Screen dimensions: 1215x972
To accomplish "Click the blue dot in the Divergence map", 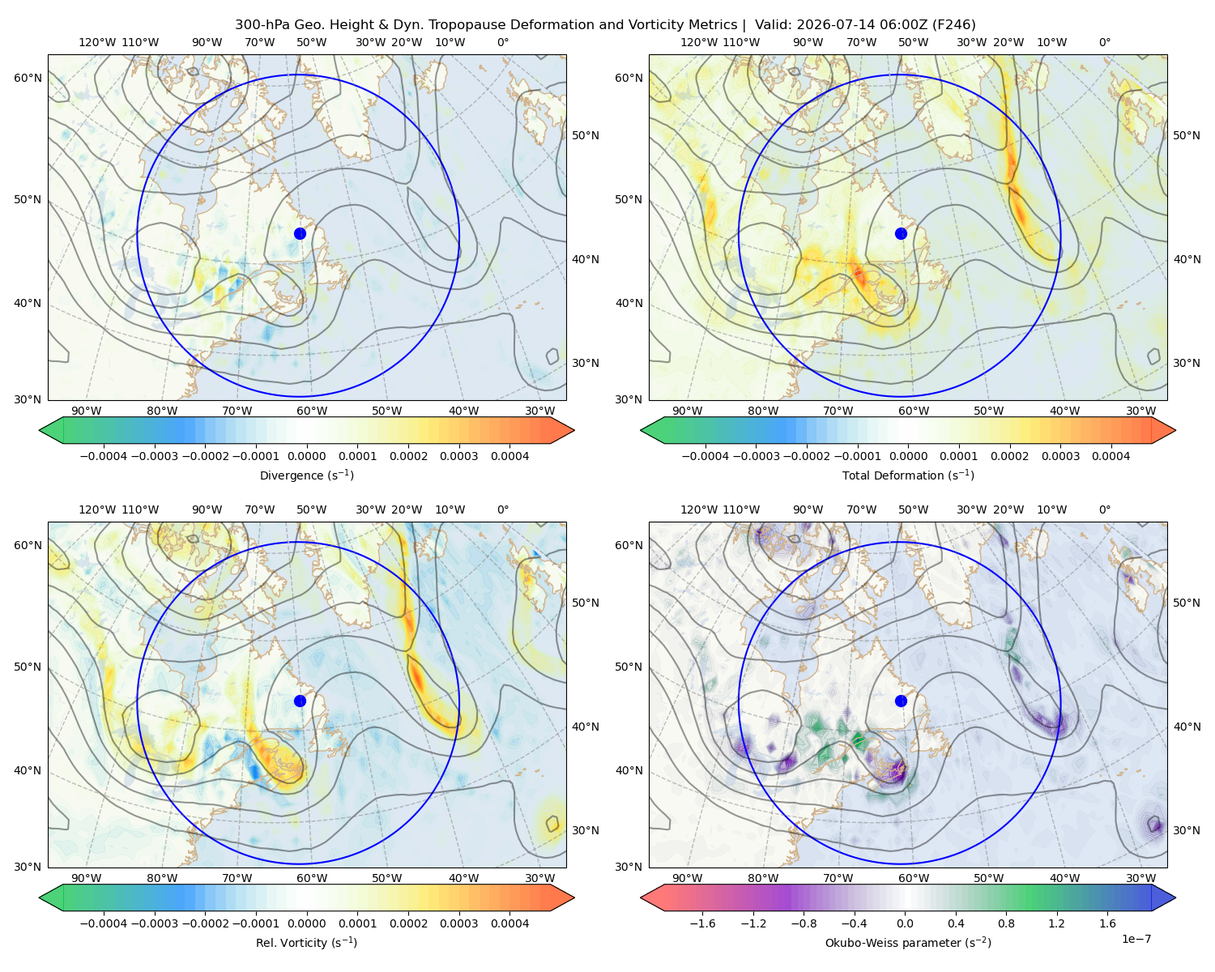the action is pos(300,233).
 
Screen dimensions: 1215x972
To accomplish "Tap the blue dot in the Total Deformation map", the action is pos(901,233).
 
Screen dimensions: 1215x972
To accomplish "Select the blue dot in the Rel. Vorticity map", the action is pos(300,701).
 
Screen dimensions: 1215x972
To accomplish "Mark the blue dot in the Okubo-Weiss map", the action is pos(901,701).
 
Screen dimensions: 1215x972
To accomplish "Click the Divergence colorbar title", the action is pos(306,475).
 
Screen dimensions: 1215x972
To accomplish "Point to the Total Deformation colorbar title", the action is pos(908,475).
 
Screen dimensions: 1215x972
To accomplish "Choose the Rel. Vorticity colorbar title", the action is pos(306,942).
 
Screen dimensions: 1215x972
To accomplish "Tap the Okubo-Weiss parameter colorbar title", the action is pos(908,942).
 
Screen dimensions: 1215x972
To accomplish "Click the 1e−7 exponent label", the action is pos(1136,939).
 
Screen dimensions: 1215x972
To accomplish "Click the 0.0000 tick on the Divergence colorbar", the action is pos(306,456).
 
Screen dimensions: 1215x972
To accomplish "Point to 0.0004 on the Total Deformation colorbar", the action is pos(1111,456).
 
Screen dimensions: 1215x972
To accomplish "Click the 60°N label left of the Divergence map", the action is pos(28,78).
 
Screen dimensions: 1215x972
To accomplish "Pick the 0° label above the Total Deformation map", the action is pos(1104,42).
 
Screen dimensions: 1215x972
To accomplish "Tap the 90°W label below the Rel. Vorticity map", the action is pos(87,878).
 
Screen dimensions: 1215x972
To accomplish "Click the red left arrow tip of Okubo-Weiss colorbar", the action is pos(642,897).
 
